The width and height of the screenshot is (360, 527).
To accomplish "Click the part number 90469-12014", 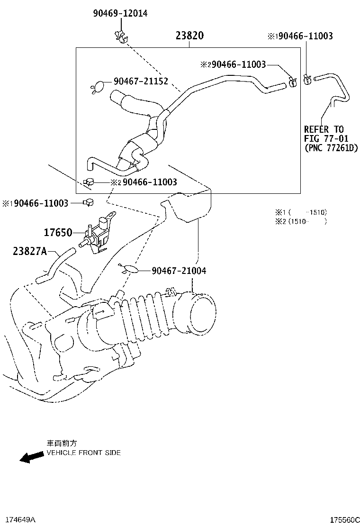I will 120,13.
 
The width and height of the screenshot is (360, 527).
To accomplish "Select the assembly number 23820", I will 189,36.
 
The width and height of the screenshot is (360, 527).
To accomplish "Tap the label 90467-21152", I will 141,82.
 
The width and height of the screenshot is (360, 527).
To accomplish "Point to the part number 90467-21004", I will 179,271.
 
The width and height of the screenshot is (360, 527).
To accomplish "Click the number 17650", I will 58,233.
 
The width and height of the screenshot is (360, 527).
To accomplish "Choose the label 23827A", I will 29,252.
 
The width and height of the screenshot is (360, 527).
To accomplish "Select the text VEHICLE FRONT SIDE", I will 83,453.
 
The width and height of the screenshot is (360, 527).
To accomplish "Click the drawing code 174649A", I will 18,520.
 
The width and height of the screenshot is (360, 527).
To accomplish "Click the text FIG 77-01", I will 326,138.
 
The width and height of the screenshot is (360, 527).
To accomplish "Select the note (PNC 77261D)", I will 331,148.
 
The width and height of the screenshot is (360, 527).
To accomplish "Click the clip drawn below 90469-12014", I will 120,36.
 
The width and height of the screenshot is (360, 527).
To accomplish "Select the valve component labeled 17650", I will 98,231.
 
